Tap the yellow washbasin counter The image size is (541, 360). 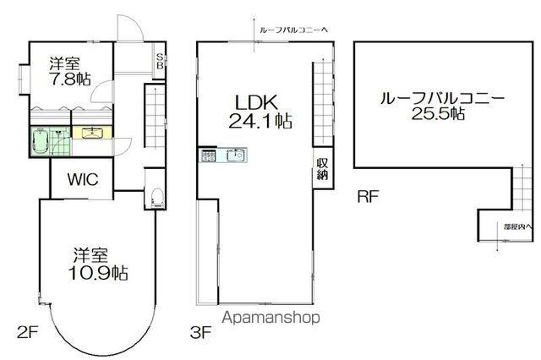tap(90, 132)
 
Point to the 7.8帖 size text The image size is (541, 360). tap(64, 79)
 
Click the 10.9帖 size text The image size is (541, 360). tap(99, 273)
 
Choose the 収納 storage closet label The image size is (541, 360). tap(323, 168)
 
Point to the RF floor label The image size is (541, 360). tap(368, 198)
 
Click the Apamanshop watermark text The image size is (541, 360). tap(271, 319)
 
